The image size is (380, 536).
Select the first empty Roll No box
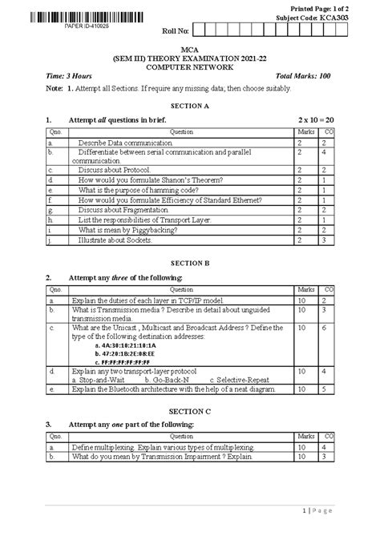200,32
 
